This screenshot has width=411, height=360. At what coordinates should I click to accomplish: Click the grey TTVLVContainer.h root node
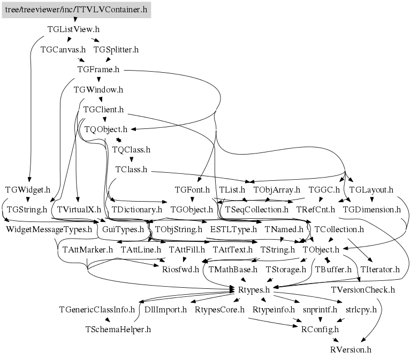[x=76, y=10]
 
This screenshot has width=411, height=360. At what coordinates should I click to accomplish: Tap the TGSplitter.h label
[x=116, y=50]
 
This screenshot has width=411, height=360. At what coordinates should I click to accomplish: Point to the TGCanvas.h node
[x=63, y=50]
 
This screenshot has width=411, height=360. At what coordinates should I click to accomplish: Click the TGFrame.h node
[x=98, y=70]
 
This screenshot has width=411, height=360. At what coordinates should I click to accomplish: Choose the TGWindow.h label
[x=98, y=89]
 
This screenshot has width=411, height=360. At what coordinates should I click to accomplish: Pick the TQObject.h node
[x=105, y=129]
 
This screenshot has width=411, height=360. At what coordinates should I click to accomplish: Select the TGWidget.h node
[x=28, y=189]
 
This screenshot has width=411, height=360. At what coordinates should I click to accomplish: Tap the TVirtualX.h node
[x=79, y=210]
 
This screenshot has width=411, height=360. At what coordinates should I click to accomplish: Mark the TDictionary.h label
[x=136, y=210]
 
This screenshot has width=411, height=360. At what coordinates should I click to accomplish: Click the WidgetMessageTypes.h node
[x=49, y=229]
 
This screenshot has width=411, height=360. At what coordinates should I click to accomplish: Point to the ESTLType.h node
[x=234, y=229]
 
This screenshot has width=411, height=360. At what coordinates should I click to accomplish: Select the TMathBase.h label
[x=233, y=270]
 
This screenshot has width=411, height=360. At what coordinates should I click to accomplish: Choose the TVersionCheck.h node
[x=363, y=289]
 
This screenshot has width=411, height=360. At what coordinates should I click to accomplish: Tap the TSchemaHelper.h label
[x=118, y=330]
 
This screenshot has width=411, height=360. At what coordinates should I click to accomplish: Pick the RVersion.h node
[x=351, y=349]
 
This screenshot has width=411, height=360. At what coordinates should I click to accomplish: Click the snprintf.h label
[x=320, y=309]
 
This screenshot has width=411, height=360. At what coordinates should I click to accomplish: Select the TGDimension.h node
[x=371, y=210]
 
